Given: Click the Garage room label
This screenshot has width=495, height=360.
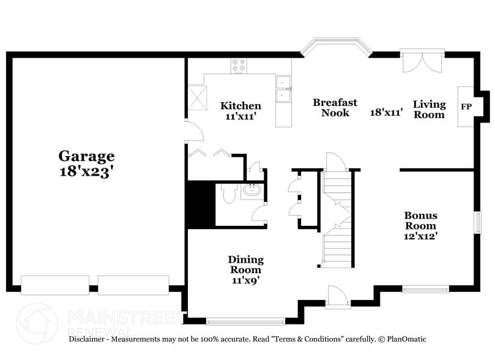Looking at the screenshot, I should tap(86, 156).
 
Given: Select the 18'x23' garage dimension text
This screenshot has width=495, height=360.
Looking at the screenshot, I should tap(86, 172).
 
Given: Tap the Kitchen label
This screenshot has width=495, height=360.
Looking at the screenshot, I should tap(240, 106).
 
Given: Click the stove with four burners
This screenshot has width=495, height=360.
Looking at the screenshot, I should tap(239, 66).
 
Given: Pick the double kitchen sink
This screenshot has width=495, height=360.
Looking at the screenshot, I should tap(283, 89).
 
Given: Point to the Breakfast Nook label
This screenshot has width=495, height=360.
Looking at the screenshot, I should tap(335, 108).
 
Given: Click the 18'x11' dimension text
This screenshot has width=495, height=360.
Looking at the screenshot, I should tap(386, 113).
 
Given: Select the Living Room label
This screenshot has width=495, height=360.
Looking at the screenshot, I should tap(429, 109).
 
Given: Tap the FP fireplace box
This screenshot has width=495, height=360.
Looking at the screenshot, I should tap(466, 107).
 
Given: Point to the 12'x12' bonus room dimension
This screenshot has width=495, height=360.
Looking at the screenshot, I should tap(420, 235).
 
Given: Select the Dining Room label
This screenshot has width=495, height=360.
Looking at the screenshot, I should tap(245, 264).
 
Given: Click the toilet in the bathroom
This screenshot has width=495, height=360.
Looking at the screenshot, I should tap(228, 195).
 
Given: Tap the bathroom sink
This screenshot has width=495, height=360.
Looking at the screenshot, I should tap(251, 190).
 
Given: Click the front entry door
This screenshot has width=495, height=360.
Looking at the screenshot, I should tap(337, 296).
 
